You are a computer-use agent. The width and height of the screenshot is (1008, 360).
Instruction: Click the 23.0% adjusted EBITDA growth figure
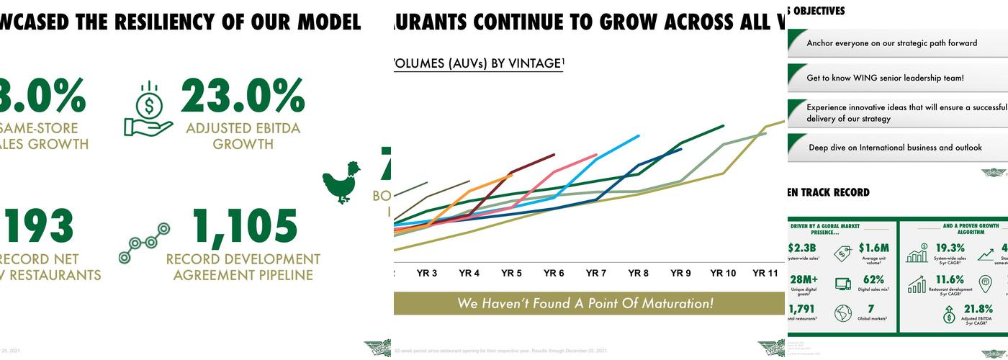tap(243, 96)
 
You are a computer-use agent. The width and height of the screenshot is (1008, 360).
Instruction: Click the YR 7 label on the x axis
tap(595, 274)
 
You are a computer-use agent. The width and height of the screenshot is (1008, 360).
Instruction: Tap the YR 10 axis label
tap(723, 274)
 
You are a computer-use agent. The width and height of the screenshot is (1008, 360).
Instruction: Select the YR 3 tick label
tap(427, 274)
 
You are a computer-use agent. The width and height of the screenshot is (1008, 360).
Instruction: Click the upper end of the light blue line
tap(638, 135)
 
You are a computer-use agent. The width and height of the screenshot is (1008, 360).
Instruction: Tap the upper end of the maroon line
tap(554, 154)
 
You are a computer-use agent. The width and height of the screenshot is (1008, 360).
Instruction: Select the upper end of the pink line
tap(596, 154)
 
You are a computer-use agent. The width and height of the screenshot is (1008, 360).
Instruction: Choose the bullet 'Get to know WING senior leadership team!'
tap(884, 78)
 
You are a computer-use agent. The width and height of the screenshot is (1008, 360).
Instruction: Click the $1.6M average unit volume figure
tap(873, 248)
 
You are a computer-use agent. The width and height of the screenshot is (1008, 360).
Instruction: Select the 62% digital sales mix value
tap(873, 279)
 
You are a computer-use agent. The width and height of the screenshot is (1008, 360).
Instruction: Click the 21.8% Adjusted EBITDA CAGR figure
tap(977, 310)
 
